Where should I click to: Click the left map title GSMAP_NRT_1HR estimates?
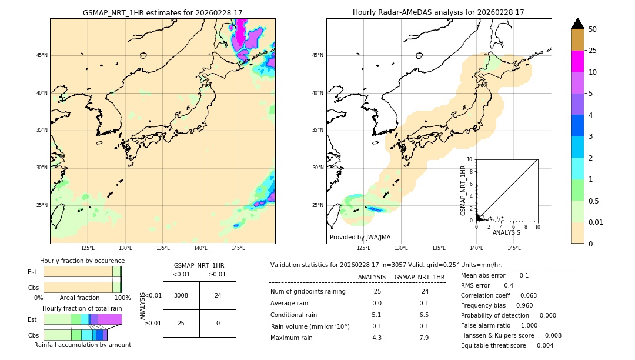point(162,12)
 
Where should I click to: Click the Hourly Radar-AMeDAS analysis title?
point(438,12)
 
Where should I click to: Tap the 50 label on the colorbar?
point(593,29)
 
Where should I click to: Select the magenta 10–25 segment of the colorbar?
point(578,61)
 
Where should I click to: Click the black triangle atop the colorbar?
point(578,24)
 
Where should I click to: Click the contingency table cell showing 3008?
point(181,295)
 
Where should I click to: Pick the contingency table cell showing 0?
point(218,323)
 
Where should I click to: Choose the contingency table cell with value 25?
point(181,323)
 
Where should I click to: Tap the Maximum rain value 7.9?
point(423,338)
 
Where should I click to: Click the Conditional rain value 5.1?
point(377,315)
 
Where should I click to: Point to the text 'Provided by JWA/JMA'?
point(360,238)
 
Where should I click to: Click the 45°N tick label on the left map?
point(42,55)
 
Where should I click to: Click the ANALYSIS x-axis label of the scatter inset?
point(506,232)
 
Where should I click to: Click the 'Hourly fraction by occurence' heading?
point(82,261)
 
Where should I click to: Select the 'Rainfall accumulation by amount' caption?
point(82,345)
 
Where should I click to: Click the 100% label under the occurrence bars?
point(122,298)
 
